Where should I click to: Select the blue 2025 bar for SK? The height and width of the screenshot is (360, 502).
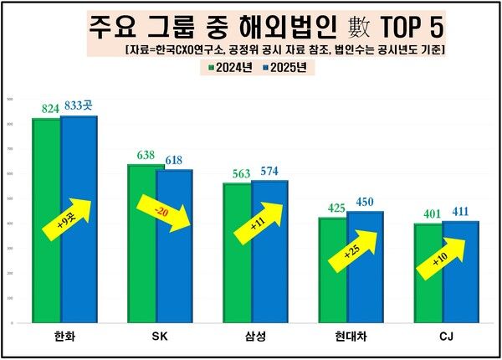(x=174, y=276)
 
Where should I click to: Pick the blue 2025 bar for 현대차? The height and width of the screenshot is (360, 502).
(x=366, y=293)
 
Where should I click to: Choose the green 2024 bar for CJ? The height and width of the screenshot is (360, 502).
(x=428, y=293)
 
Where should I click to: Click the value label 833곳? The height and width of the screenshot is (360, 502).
(x=79, y=107)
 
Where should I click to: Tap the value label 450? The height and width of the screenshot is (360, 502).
(x=366, y=203)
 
